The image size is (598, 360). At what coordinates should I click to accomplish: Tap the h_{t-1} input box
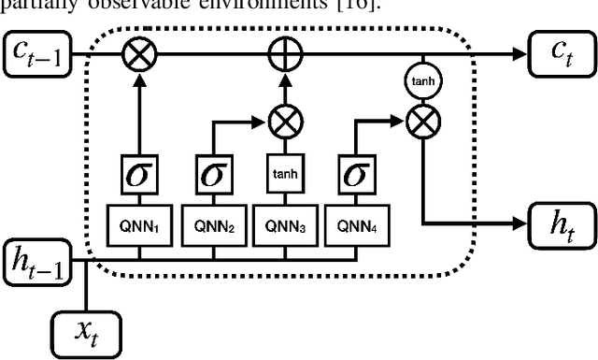click(x=41, y=260)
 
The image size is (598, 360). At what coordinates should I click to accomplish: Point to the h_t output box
click(x=558, y=224)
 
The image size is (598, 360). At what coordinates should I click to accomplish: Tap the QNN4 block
click(x=359, y=225)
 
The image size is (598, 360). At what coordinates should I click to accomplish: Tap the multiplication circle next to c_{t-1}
click(x=141, y=56)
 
